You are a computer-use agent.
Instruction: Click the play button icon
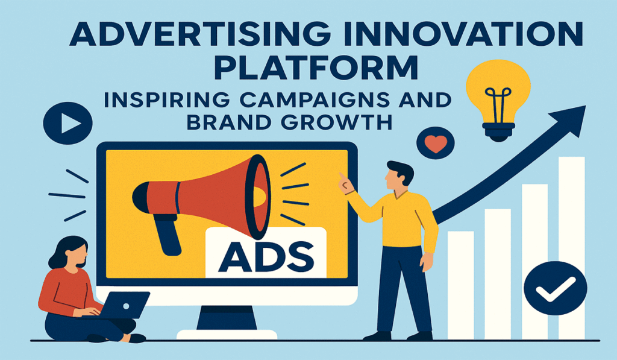(x=67, y=123)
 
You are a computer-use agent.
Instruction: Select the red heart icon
(x=436, y=143)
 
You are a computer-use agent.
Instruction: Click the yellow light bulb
(x=498, y=90)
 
